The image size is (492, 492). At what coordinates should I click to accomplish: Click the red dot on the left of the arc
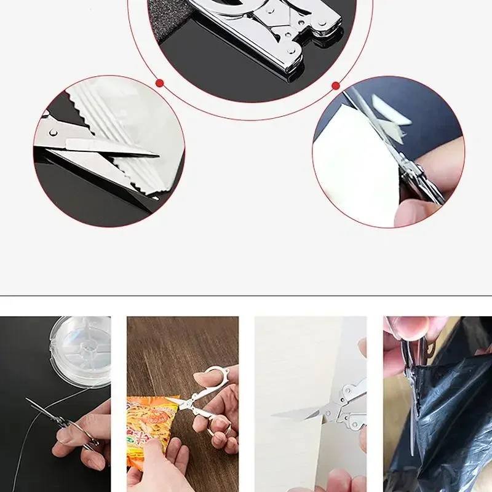coord(159,82)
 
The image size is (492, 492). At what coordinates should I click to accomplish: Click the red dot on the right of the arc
coord(336,85)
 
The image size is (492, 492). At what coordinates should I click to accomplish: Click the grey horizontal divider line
coord(246,296)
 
